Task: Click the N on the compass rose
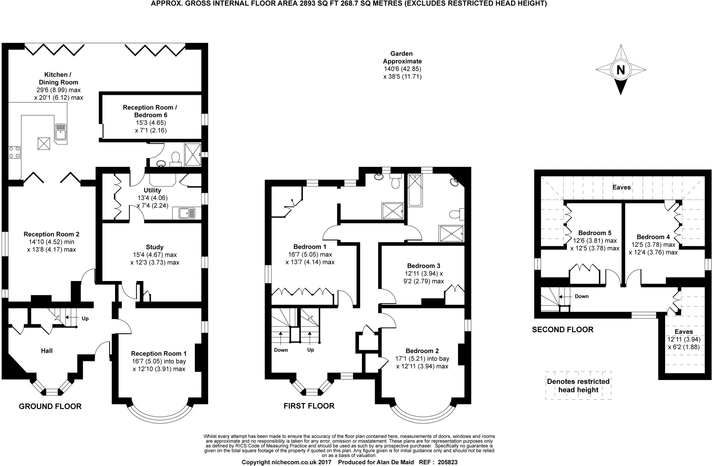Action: tap(621, 70)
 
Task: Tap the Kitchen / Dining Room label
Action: tap(58, 78)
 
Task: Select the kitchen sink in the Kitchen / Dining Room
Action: tap(61, 134)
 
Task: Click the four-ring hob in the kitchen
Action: tap(15, 152)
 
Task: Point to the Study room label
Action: tap(155, 247)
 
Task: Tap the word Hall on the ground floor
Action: tap(47, 351)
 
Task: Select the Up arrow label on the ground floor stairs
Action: tap(85, 318)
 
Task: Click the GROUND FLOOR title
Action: tap(50, 406)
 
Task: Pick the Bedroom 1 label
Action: tap(310, 247)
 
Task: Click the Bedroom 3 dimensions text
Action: tap(423, 277)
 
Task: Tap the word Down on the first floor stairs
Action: tap(281, 350)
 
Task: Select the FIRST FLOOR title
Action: tap(309, 406)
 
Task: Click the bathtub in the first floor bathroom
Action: tap(415, 190)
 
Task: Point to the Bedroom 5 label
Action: tap(594, 233)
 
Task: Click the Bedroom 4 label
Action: tap(653, 237)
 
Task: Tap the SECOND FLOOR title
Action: tap(563, 329)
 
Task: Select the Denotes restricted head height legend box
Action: tap(578, 385)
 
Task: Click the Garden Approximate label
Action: tap(403, 57)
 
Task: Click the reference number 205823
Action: tap(447, 462)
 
